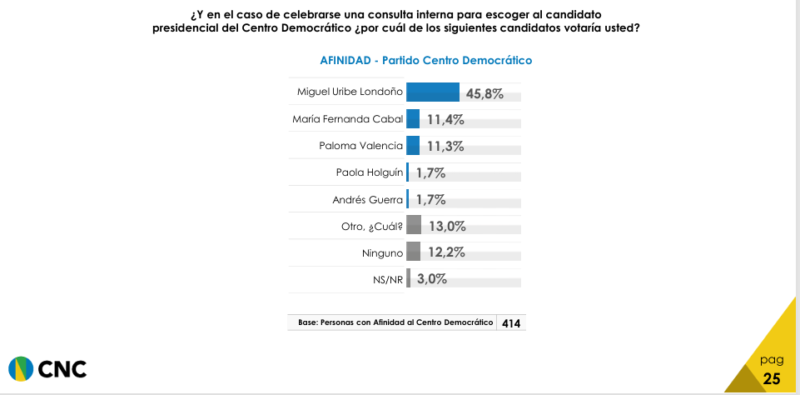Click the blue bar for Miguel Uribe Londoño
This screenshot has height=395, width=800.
(433, 92)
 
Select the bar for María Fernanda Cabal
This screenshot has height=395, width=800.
(413, 119)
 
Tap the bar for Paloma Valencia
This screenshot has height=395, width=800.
(413, 146)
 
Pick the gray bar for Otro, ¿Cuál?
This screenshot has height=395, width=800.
(414, 226)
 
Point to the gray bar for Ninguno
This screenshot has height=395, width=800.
(413, 252)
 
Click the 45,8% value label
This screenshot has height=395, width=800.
(484, 93)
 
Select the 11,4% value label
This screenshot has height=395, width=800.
(445, 120)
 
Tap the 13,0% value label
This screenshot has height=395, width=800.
(446, 226)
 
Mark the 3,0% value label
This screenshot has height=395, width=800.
(432, 279)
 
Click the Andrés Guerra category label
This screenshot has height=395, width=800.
(368, 200)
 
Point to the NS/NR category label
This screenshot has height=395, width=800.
(389, 280)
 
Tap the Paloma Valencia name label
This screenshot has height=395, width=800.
(361, 147)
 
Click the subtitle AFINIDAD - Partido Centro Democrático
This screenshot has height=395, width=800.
(425, 60)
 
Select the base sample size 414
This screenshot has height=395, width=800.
(511, 323)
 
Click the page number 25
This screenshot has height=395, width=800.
(772, 378)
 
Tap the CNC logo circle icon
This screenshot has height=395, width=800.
(21, 368)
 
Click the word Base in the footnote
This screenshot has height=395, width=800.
(307, 322)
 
